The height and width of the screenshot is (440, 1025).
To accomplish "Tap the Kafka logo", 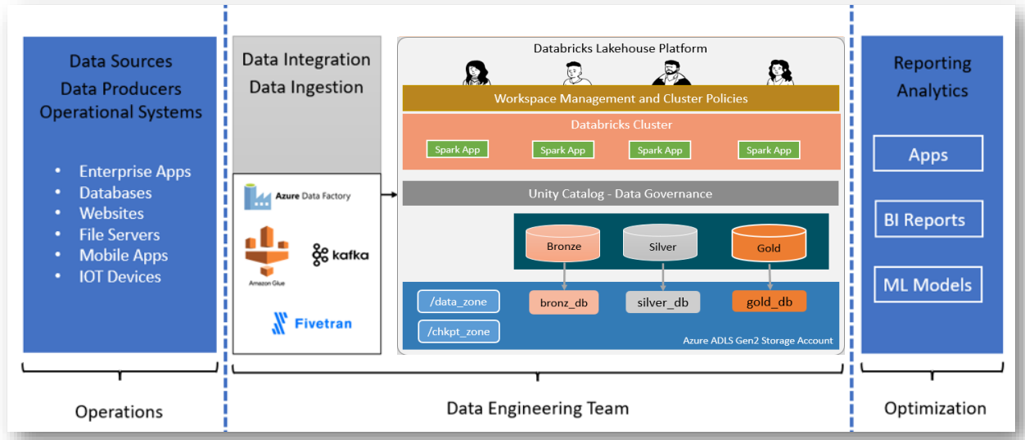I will coord(341,255).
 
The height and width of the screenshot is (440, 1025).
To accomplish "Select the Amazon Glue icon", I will coord(267,250).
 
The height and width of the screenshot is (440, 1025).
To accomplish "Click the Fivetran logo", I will coord(311,323).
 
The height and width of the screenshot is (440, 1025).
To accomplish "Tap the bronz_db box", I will coord(564,302).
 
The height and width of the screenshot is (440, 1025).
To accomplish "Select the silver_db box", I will coord(662,302).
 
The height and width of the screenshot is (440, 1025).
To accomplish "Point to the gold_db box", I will coord(769,302).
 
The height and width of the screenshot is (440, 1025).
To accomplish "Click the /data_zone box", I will coord(458,302).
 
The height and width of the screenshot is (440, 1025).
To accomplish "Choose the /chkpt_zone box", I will coord(458,331).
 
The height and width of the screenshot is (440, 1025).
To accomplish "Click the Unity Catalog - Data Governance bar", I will coord(620,194).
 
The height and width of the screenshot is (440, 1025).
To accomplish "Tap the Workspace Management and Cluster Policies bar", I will coord(621,98).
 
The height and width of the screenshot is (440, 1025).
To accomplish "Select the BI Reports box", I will coord(928,220).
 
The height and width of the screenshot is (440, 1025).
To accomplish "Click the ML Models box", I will coord(928,285).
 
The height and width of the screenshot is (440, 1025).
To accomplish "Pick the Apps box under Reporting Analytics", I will coord(928,155).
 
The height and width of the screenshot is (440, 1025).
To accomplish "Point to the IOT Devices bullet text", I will coord(120,277).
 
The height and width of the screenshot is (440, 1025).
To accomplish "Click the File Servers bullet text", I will coord(120,234).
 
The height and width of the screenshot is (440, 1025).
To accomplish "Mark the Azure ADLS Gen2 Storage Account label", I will coord(757,341).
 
